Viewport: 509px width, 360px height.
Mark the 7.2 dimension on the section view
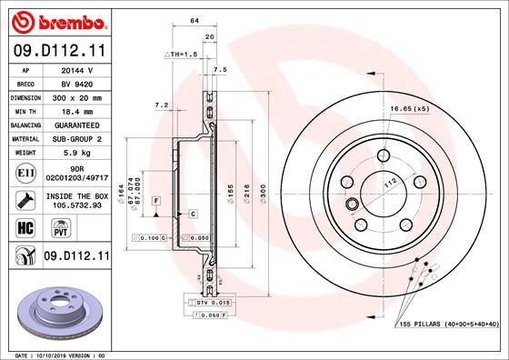coord(163,106)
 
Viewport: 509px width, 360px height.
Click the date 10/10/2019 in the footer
coord(57,354)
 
